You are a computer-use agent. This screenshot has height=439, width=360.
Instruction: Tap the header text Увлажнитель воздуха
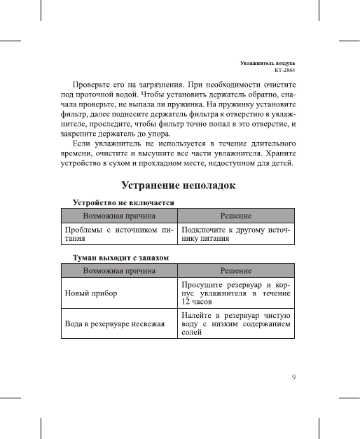point(267,63)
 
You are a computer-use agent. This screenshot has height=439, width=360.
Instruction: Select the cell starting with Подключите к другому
point(236,233)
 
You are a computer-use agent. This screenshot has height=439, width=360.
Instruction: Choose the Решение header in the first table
point(236,215)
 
